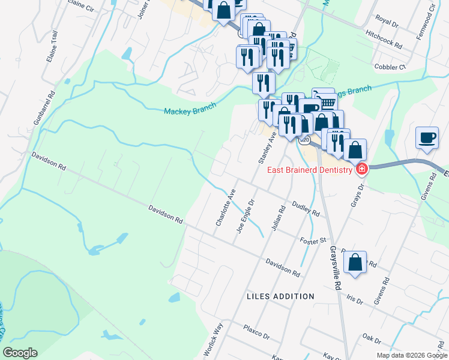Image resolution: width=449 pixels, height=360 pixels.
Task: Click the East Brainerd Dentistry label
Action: click(x=309, y=170)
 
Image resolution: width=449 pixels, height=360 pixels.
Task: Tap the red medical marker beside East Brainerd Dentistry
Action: click(x=361, y=170)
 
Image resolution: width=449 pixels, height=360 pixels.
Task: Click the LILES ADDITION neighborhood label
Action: click(x=280, y=296)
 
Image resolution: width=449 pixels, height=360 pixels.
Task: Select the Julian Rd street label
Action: click(x=277, y=219)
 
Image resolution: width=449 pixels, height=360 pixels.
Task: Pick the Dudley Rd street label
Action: click(x=305, y=209)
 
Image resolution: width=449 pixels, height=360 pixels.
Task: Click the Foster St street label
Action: click(x=312, y=240)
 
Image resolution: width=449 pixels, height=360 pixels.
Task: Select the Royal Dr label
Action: click(x=386, y=22)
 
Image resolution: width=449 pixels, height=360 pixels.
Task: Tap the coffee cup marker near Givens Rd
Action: click(x=427, y=138)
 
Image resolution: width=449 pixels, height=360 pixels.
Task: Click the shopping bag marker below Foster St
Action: click(x=355, y=262)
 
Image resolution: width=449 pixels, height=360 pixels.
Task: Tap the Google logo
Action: click(x=20, y=353)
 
